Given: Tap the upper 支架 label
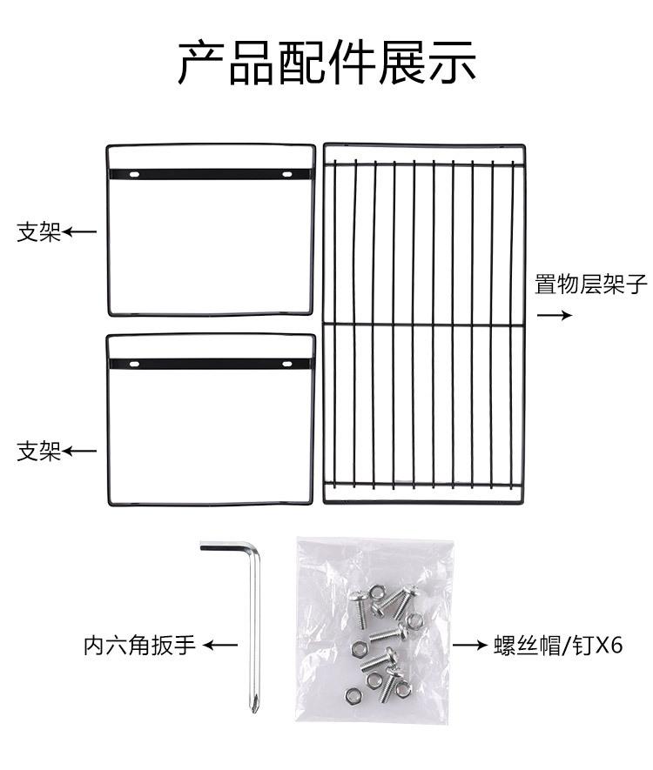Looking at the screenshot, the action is (39, 232).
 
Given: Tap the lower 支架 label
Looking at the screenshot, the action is (39, 452).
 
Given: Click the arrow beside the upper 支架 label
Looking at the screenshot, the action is (80, 232).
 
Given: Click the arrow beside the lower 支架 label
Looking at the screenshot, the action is (80, 452).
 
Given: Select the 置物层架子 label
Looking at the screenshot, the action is (591, 285).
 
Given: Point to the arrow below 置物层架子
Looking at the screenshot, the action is (554, 315).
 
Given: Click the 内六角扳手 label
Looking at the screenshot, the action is (139, 646).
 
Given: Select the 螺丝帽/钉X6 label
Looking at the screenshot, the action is (557, 646).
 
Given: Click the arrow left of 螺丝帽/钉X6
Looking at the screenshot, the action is (471, 646).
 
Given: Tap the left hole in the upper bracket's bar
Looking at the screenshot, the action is (135, 175).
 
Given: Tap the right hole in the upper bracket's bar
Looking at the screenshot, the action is (286, 175).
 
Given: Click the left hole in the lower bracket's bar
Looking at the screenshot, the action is (135, 363).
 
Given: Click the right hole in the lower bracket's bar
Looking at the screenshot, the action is (286, 363).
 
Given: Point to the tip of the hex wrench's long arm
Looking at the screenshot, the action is (254, 706).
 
